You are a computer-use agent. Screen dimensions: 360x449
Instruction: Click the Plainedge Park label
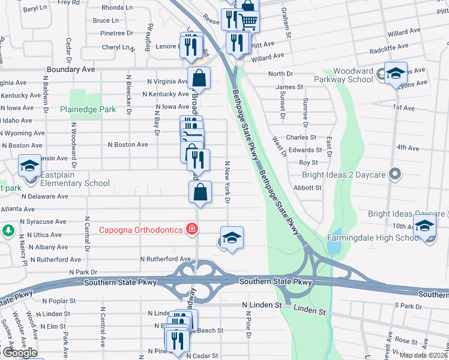[x=88, y=110]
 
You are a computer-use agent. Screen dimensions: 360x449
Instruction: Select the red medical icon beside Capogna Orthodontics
[x=191, y=229]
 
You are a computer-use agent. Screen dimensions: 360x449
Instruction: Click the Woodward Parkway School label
[x=346, y=75]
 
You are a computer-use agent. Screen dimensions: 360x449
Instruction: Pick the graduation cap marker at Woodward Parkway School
[x=396, y=73]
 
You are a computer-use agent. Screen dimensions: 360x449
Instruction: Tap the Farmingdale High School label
[x=374, y=238]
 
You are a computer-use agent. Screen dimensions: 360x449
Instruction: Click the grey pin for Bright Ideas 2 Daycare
[x=394, y=174]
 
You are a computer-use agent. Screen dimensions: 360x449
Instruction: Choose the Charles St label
[x=301, y=137]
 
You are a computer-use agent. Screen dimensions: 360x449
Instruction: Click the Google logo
[x=19, y=353]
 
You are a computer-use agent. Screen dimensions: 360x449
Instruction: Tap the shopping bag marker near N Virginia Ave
[x=199, y=78]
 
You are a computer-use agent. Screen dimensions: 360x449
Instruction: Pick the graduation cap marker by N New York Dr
[x=232, y=237]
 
